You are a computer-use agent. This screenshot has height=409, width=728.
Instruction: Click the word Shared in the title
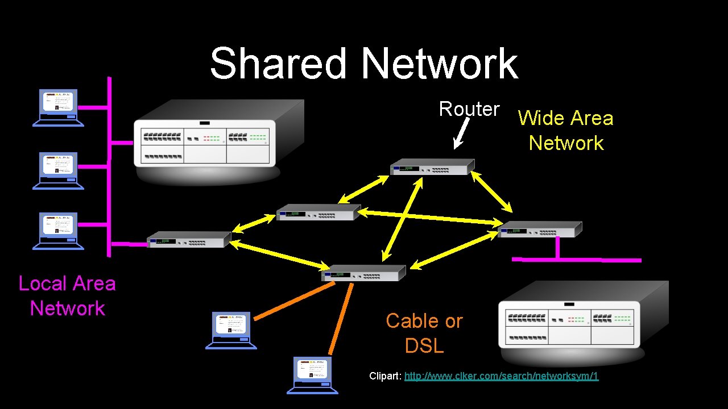point(278,63)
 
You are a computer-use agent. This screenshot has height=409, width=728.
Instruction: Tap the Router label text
point(469,108)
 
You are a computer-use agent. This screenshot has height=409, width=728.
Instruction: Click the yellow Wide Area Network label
point(566,130)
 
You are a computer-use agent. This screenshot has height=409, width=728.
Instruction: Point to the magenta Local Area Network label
point(67,295)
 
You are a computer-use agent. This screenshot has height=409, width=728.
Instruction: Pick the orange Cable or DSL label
point(424,333)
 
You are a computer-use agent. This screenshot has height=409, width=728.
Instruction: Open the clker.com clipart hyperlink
point(501,376)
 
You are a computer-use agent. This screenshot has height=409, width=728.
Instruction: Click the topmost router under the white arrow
point(432,166)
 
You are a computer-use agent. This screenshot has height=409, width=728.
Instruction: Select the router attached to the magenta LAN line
point(189,239)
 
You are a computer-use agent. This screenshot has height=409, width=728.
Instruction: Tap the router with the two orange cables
point(363,273)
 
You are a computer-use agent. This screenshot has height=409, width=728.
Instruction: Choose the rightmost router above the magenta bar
point(539,229)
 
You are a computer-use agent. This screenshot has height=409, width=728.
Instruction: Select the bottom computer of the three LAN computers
point(58,231)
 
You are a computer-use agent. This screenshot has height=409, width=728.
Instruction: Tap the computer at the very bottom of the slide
point(312,375)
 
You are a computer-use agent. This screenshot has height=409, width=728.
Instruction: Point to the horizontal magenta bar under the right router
point(576,260)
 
